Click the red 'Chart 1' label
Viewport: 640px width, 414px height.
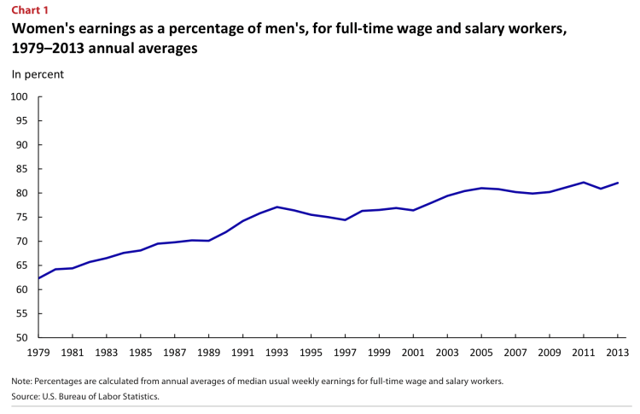pos(30,9)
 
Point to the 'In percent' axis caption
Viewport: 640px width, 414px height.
pos(38,74)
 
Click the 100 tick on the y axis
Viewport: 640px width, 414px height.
pos(20,96)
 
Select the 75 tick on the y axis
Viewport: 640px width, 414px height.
pos(23,217)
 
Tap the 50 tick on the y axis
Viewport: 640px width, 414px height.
pos(23,338)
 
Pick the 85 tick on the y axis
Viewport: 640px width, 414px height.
pos(23,169)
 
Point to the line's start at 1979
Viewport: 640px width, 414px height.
pos(38,278)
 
